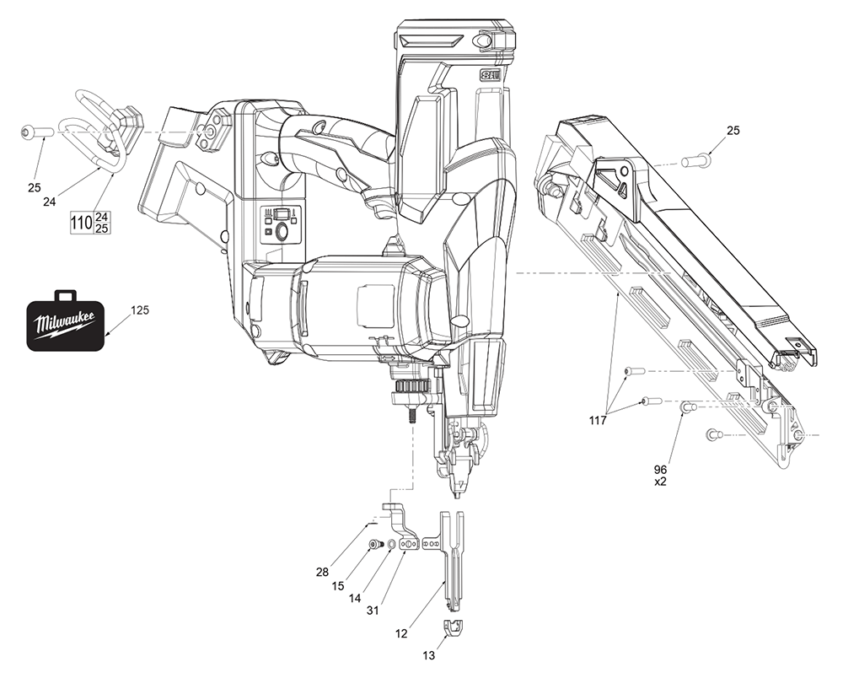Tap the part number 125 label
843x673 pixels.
[140, 311]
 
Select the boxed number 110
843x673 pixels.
[81, 223]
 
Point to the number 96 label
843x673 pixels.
[660, 469]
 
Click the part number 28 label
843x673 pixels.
[322, 573]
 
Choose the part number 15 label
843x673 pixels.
[337, 584]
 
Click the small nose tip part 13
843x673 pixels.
[454, 627]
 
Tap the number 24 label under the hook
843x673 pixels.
[51, 202]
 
